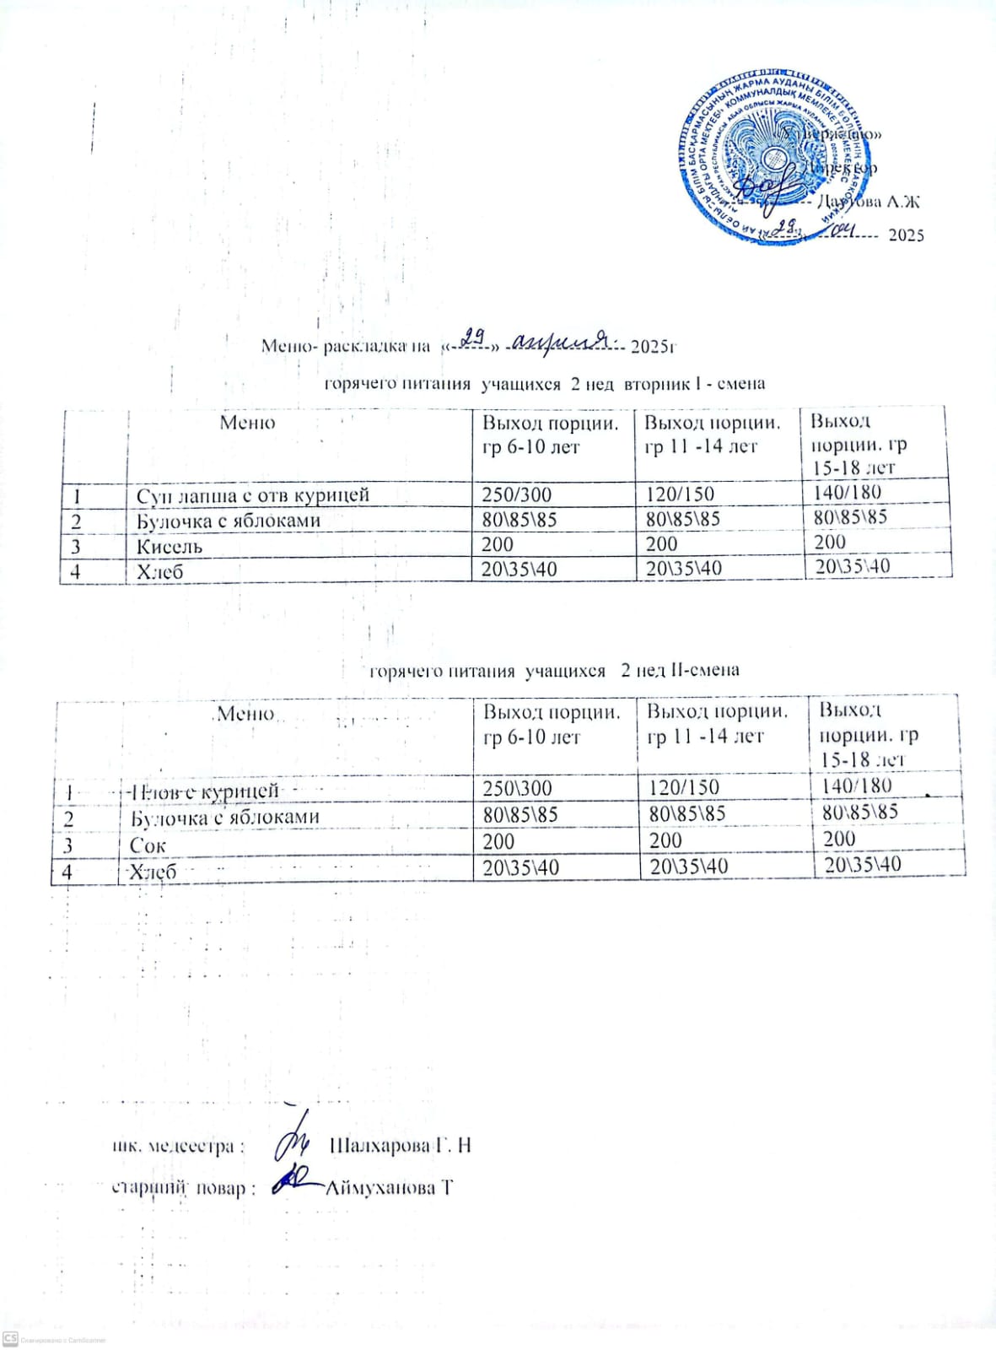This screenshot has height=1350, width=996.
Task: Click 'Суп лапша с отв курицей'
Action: click(x=253, y=495)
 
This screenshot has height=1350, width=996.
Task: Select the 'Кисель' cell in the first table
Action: click(x=170, y=546)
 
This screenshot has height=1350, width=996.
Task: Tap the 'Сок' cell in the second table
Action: click(x=148, y=845)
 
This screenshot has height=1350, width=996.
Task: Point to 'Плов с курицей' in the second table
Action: click(x=203, y=791)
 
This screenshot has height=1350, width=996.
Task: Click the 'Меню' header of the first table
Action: click(x=247, y=423)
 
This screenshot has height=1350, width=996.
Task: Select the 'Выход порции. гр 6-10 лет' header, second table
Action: click(x=551, y=724)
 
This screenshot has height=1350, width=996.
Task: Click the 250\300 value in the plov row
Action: click(x=517, y=788)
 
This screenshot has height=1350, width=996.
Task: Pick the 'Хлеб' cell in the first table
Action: click(x=160, y=571)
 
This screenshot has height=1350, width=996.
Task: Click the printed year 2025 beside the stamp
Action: click(x=907, y=235)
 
